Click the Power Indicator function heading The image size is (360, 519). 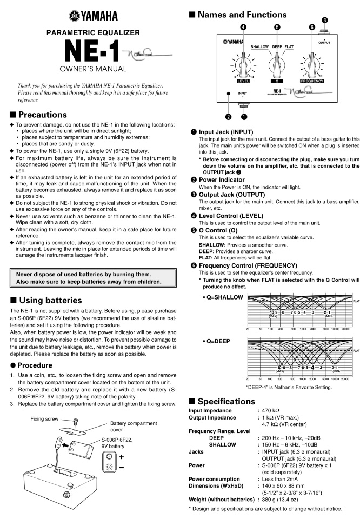coord(222,179)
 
